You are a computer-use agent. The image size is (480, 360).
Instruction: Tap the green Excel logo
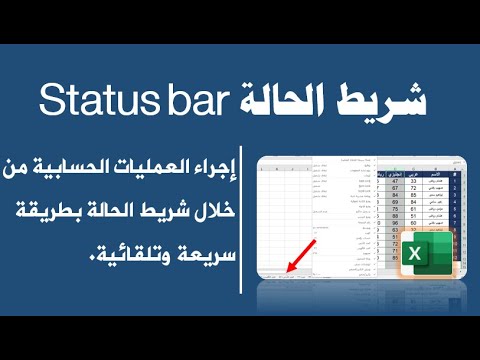419,261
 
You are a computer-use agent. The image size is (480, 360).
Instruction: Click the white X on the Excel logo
411,263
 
